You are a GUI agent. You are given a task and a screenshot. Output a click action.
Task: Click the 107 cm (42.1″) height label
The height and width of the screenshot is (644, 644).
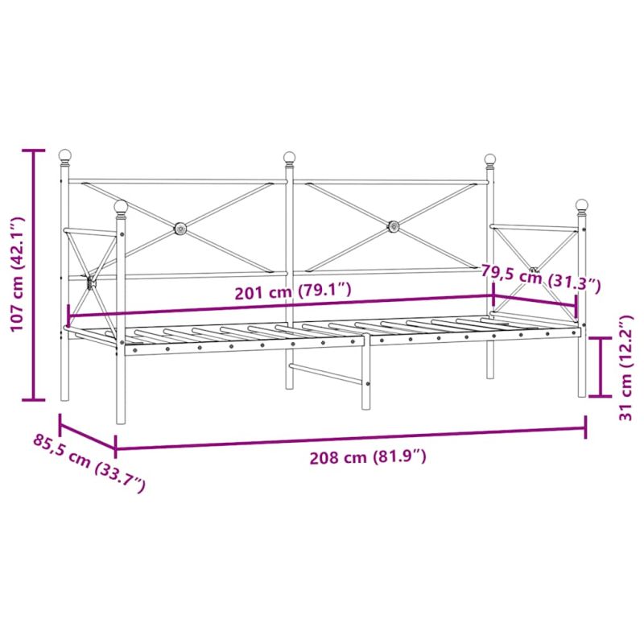[18, 275]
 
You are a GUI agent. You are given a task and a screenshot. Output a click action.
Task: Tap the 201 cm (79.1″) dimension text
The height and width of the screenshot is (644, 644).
[293, 291]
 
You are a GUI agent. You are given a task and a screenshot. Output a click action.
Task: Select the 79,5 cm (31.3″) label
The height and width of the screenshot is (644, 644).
[541, 279]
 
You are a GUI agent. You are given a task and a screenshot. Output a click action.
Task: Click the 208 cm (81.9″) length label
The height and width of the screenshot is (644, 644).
[368, 456]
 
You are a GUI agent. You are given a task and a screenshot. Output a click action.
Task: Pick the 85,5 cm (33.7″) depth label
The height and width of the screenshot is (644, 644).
[89, 462]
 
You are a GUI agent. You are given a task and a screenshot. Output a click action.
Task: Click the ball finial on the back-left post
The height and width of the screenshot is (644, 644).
[65, 155]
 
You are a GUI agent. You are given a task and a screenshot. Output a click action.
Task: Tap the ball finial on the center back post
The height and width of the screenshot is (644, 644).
[289, 157]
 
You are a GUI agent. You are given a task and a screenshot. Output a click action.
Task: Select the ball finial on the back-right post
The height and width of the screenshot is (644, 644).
[490, 159]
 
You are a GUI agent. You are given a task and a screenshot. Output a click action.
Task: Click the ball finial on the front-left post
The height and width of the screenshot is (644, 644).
[121, 206]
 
